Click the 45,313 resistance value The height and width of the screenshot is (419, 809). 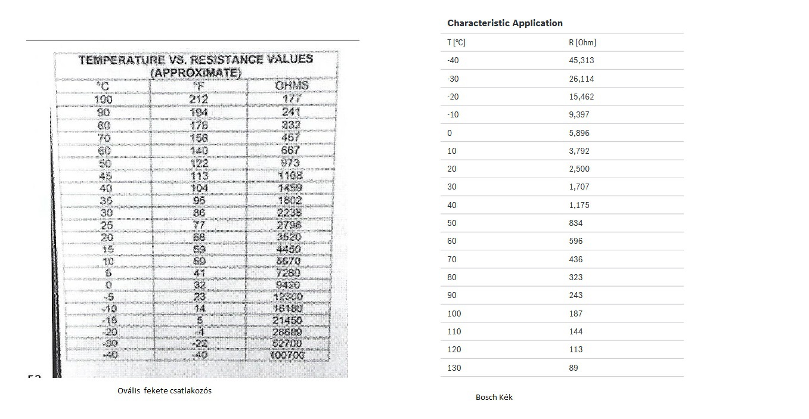tap(581, 60)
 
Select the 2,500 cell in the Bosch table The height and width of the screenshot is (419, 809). tap(579, 169)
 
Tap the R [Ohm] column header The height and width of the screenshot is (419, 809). tap(582, 42)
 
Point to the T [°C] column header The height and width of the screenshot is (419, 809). tap(456, 42)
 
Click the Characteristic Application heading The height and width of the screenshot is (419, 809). tap(504, 23)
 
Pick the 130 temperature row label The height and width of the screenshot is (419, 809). tap(454, 368)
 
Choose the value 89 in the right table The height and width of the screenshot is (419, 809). tap(574, 368)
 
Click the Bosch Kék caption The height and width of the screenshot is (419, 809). tap(494, 397)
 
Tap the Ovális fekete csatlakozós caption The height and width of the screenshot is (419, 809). tap(165, 391)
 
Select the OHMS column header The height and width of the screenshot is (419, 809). tap(292, 85)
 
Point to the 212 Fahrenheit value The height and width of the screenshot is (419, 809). tap(199, 99)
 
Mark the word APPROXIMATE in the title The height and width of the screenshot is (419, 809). tap(196, 73)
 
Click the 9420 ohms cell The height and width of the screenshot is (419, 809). tap(289, 285)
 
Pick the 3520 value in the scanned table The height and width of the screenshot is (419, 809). tap(289, 237)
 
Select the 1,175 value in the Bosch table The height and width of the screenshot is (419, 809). tap(579, 205)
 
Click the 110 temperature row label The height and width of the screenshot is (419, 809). tap(454, 331)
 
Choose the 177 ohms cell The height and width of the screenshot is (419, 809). tap(291, 99)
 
